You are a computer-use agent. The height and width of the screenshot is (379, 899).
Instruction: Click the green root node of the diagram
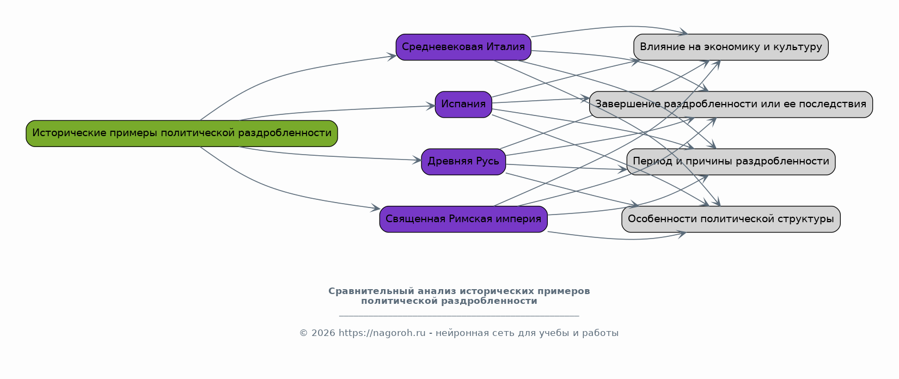click(x=182, y=133)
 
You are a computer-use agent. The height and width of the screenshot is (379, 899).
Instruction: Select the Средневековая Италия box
click(x=463, y=47)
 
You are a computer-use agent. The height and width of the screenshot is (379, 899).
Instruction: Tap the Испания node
click(x=463, y=105)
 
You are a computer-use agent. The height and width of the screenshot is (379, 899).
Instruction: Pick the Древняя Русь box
click(x=463, y=162)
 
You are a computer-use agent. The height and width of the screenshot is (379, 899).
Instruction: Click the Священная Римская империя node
click(x=463, y=219)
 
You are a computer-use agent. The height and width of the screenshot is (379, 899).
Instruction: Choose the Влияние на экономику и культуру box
click(x=731, y=47)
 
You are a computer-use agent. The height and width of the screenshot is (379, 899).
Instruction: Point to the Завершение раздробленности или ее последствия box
click(x=731, y=105)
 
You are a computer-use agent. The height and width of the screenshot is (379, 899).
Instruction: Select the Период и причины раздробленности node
click(x=731, y=162)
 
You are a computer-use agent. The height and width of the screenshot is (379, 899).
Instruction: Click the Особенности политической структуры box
click(x=731, y=219)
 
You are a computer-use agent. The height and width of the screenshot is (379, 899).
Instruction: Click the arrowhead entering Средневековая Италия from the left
click(x=392, y=57)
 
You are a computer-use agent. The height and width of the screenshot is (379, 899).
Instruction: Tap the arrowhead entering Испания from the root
click(x=431, y=106)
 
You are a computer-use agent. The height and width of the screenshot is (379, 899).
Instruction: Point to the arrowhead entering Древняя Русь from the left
click(x=417, y=160)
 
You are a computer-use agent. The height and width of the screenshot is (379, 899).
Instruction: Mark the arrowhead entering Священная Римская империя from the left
click(x=376, y=208)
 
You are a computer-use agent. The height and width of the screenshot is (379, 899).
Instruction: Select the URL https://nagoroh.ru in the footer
click(x=382, y=333)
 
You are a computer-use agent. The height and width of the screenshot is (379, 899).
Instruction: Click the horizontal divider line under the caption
click(x=459, y=316)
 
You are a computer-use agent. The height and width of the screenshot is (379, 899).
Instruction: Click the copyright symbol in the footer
click(x=304, y=333)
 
